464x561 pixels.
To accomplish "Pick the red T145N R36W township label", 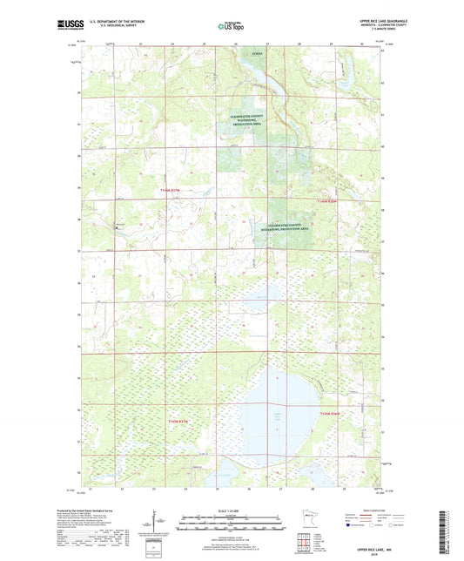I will (333, 413).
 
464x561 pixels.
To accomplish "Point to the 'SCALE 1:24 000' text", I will (232, 510).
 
